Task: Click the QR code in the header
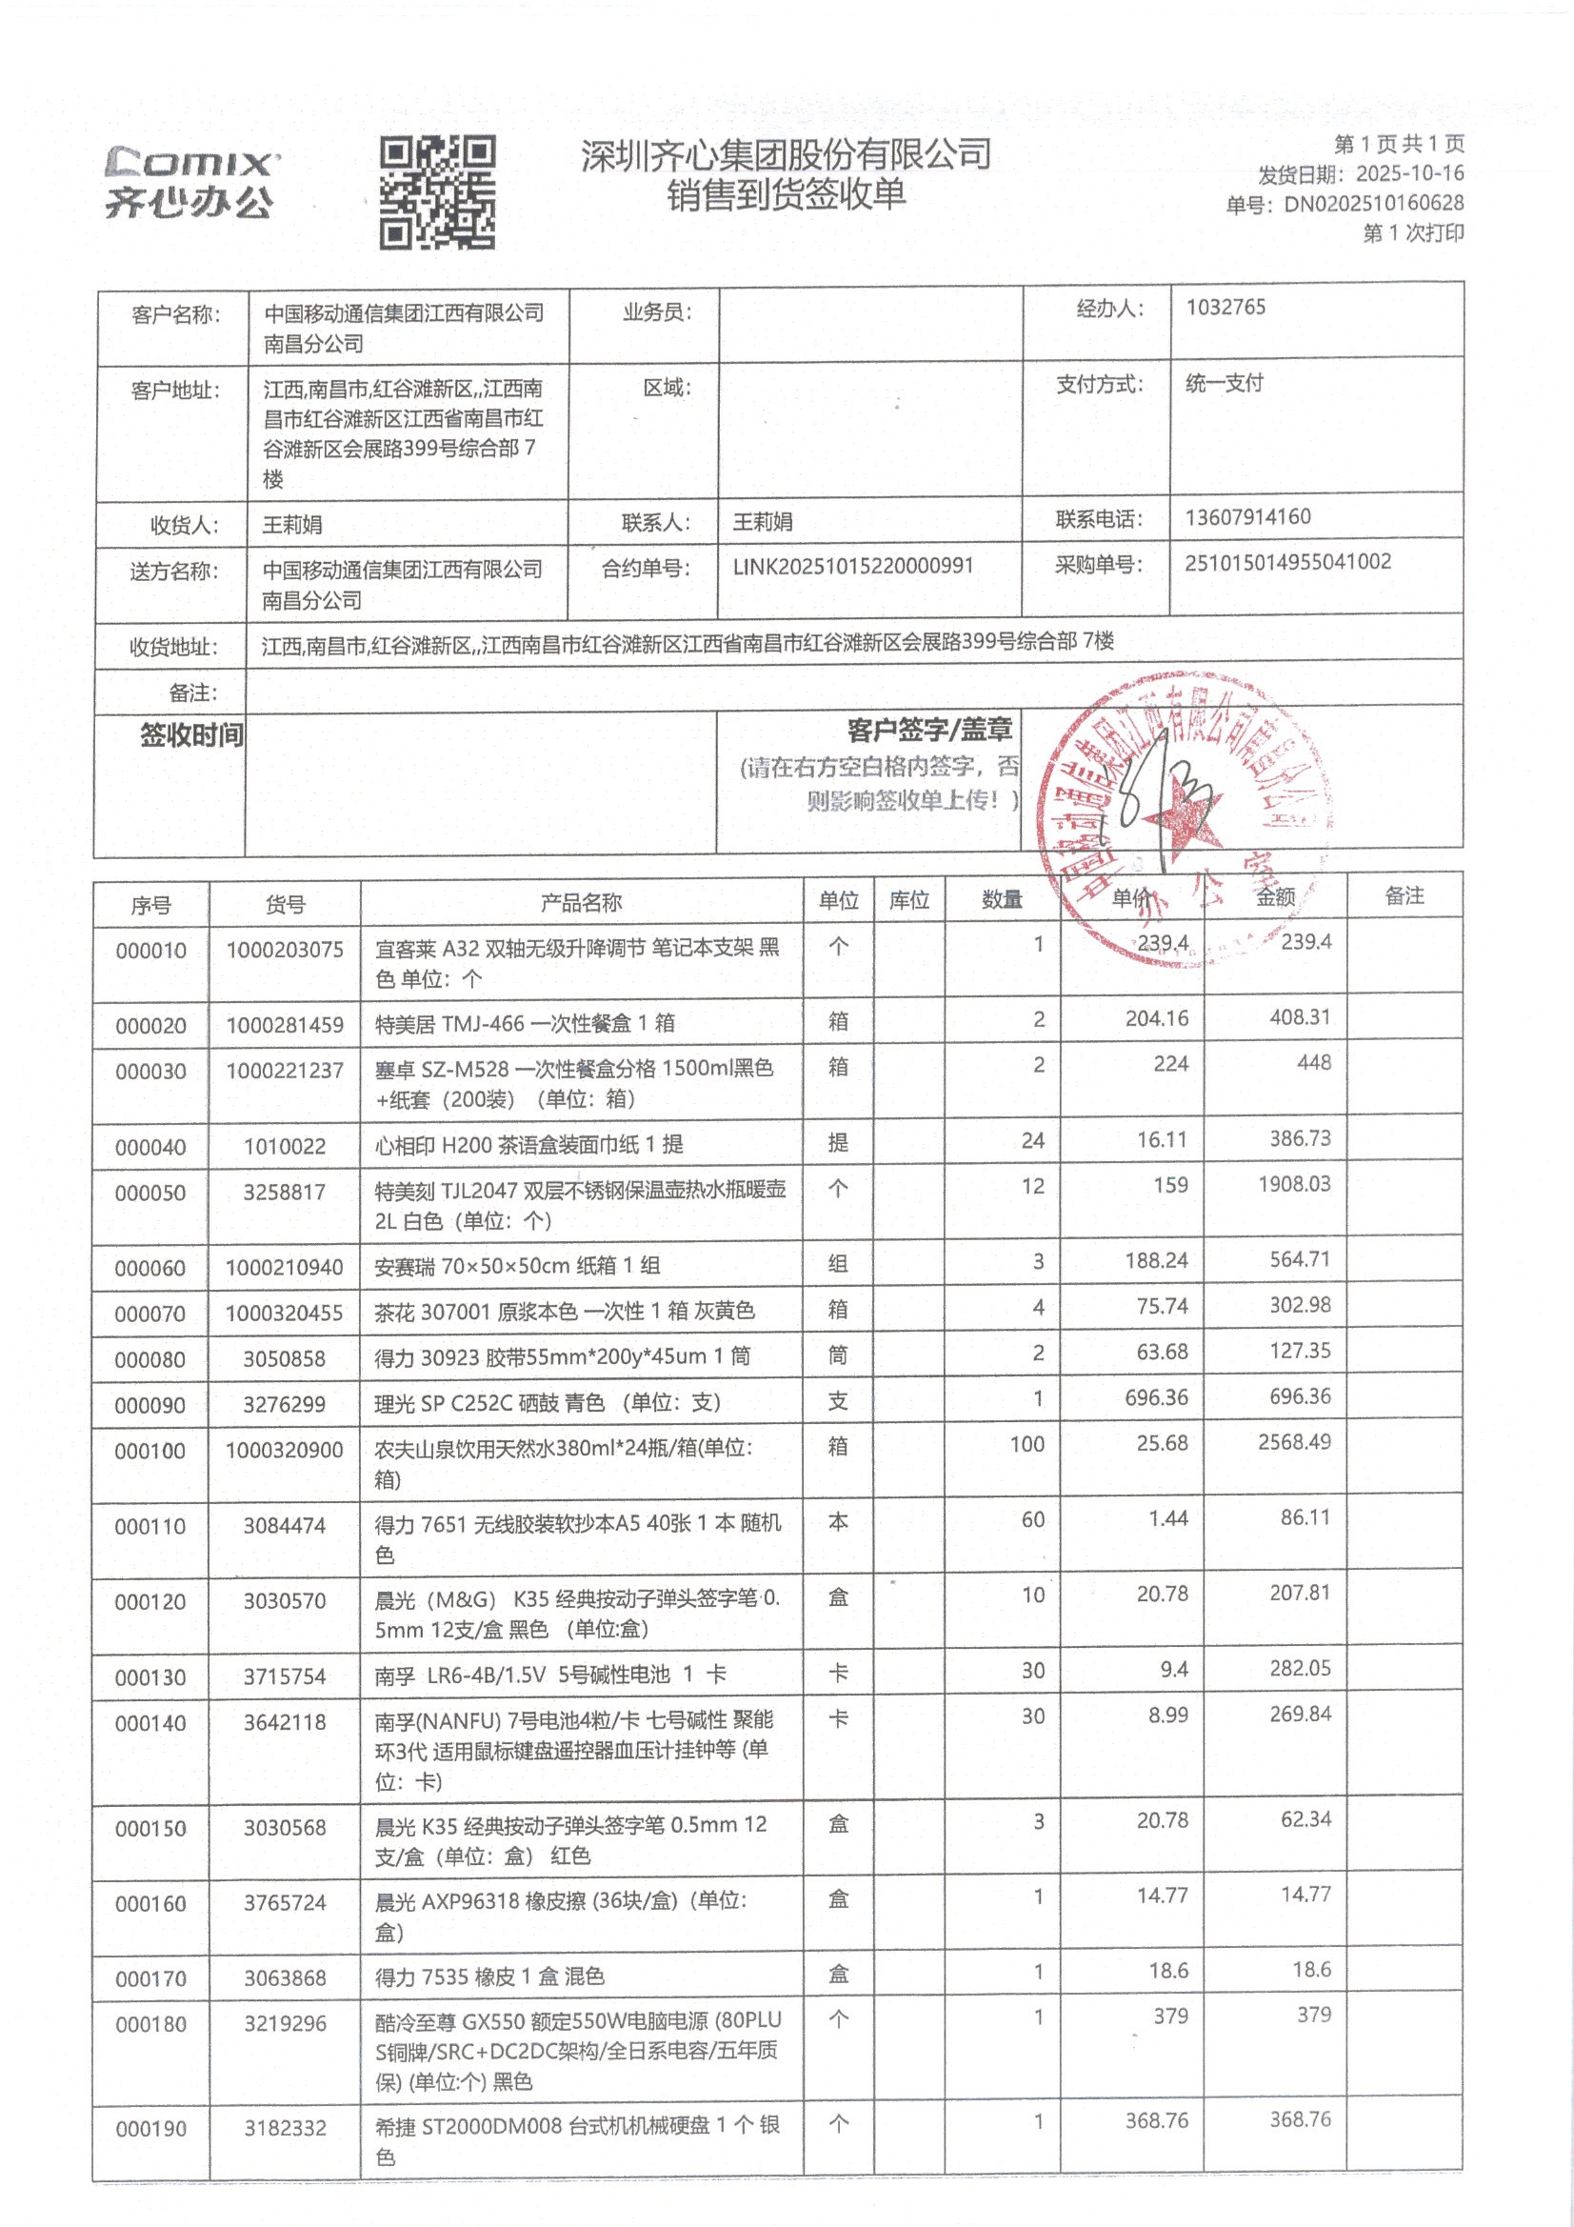tap(437, 192)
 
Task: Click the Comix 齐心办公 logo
tap(191, 182)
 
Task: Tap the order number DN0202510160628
tap(1373, 204)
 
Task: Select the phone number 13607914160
tap(1247, 517)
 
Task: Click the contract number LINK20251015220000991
tap(852, 567)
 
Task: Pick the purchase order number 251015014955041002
tap(1287, 563)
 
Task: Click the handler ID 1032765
tap(1225, 308)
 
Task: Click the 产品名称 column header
tap(581, 903)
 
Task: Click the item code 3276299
tap(284, 1404)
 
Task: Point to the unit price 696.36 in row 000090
tap(1156, 1397)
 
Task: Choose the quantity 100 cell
tap(1026, 1444)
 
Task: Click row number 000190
tap(150, 2129)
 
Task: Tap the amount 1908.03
tap(1294, 1184)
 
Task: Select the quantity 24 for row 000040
tap(1032, 1141)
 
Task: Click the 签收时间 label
tap(191, 735)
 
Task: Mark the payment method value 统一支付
tap(1224, 383)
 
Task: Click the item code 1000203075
tap(284, 951)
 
